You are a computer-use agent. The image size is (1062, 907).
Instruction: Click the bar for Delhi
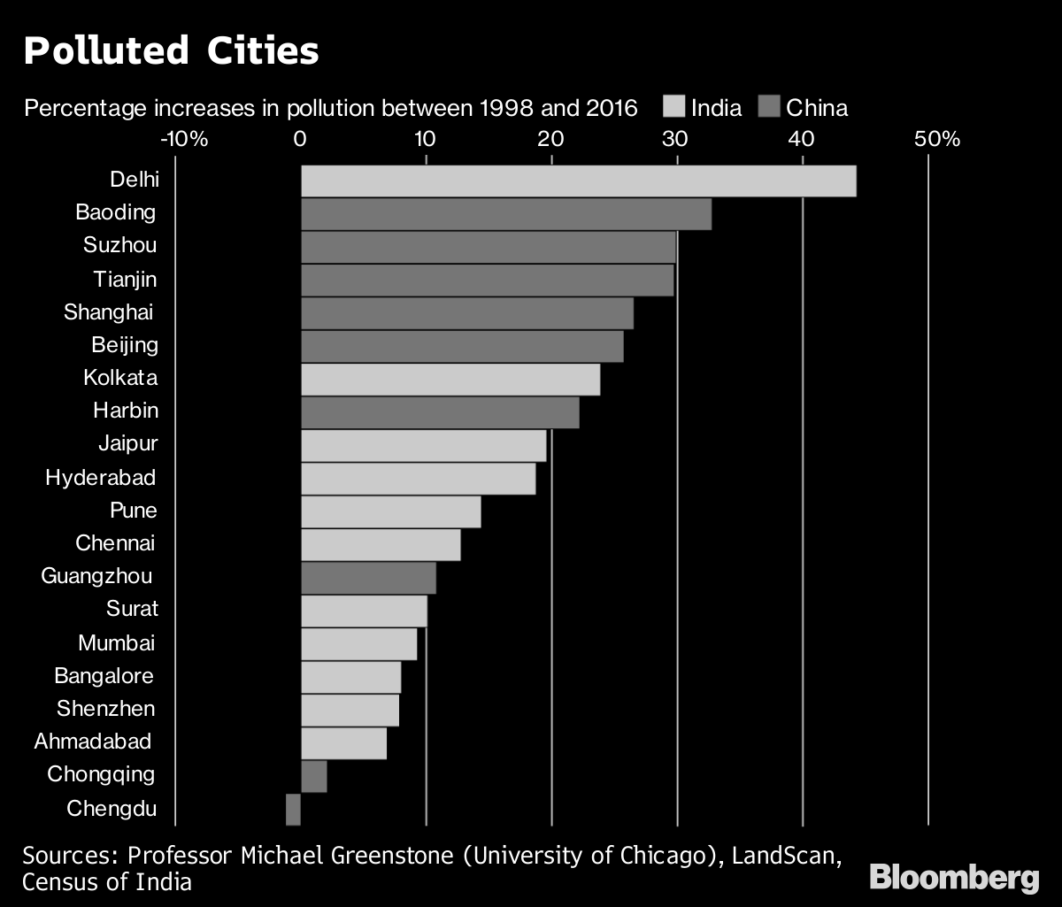click(578, 181)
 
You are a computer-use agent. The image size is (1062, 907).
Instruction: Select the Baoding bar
click(506, 214)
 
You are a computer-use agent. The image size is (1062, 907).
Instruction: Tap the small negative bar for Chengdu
click(293, 809)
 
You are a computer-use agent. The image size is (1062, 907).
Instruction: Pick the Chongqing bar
click(314, 776)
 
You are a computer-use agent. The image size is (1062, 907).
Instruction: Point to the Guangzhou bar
click(368, 578)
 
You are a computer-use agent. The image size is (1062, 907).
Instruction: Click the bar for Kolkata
click(450, 380)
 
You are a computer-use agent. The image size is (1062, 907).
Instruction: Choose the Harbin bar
click(440, 412)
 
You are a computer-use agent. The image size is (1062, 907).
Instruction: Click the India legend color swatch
click(673, 108)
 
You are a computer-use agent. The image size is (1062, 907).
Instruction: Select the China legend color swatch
click(769, 108)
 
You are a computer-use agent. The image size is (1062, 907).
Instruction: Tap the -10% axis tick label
click(184, 139)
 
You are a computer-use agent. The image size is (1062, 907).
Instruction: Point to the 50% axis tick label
click(936, 139)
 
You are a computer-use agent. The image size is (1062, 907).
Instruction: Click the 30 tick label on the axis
click(675, 139)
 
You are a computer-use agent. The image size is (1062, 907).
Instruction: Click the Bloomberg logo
click(954, 878)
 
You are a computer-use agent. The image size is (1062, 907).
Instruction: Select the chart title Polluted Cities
click(171, 51)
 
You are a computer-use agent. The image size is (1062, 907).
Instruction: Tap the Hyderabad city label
click(101, 478)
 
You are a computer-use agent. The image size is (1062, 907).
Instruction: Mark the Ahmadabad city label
click(92, 741)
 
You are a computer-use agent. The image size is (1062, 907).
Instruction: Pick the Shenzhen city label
click(105, 708)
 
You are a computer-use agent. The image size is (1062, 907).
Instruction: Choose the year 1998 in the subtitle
click(506, 109)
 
